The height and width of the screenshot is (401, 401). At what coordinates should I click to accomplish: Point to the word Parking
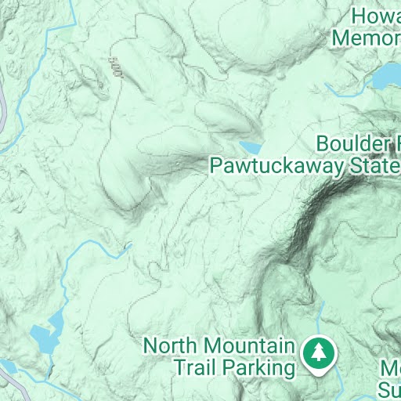259,366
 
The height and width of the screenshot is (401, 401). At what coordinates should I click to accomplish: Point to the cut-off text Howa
376,16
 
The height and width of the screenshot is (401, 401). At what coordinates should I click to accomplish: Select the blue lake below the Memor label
386,77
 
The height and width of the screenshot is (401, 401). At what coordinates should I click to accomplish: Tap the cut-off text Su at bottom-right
390,388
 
